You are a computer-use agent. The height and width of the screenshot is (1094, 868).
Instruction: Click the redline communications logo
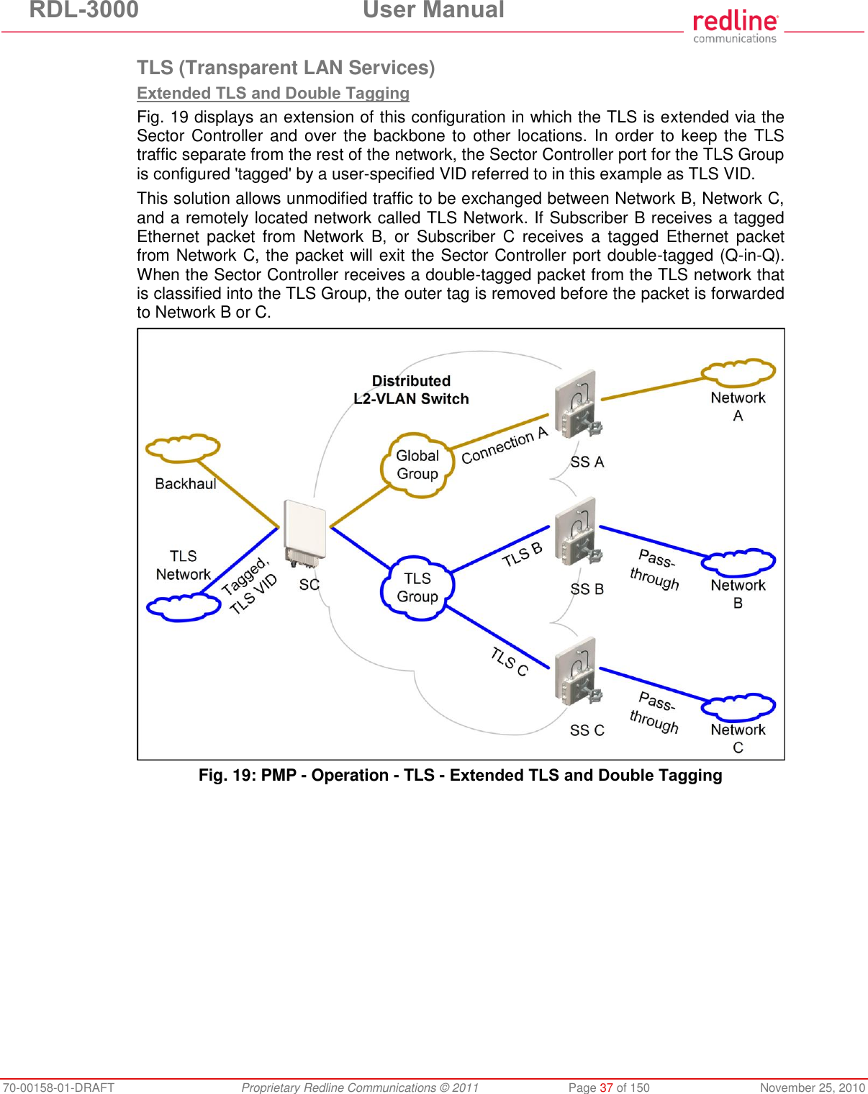(x=735, y=27)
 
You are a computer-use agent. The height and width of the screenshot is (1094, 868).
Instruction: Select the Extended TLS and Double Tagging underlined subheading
(x=273, y=93)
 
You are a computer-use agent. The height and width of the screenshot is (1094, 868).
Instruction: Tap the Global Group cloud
(x=417, y=465)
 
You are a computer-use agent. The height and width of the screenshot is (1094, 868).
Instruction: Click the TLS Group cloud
(x=417, y=587)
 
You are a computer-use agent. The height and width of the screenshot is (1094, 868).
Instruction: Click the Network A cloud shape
(x=738, y=372)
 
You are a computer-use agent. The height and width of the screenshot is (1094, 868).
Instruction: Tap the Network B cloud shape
(x=738, y=563)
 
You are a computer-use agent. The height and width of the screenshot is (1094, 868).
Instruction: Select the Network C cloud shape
(x=738, y=707)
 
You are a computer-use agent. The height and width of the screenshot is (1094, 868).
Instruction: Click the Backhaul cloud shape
(x=183, y=448)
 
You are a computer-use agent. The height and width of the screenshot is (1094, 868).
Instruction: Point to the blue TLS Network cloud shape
(x=183, y=607)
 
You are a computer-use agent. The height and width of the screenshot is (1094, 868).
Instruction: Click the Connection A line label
(x=505, y=445)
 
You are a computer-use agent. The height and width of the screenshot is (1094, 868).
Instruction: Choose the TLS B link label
(x=522, y=555)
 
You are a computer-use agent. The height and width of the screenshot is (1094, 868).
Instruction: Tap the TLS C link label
(x=510, y=661)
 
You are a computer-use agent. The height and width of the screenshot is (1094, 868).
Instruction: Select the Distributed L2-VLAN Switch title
(x=411, y=390)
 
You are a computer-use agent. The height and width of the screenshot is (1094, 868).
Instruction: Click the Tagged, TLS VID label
(x=249, y=586)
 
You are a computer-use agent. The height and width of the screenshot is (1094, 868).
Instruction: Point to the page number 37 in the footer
(x=606, y=1088)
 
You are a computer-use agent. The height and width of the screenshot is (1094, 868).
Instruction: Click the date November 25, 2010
(x=812, y=1088)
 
